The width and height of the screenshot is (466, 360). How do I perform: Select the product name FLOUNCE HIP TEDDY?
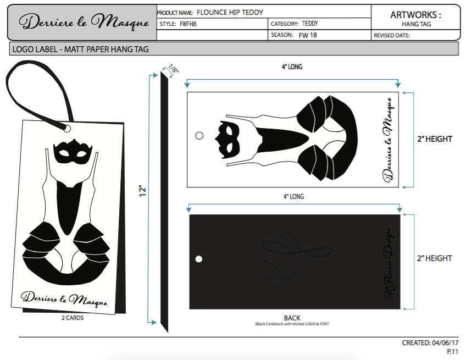[x=230, y=12]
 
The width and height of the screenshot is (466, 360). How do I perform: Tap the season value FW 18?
[x=307, y=35]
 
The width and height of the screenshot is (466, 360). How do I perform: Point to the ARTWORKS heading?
[x=415, y=15]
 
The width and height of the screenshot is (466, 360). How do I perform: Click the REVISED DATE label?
[x=392, y=35]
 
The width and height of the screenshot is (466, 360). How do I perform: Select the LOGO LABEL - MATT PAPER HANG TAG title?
[x=80, y=49]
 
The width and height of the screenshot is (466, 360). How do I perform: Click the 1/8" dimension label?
[x=173, y=70]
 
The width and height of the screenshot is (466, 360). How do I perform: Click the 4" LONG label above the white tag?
[x=292, y=67]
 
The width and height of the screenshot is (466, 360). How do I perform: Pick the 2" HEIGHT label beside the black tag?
[x=435, y=258]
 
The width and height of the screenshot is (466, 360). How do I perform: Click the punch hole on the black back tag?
[x=199, y=259]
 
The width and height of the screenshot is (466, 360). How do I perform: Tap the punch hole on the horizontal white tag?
[x=199, y=135]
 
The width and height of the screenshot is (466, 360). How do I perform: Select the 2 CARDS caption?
[x=73, y=318]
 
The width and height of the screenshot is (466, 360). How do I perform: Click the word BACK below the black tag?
[x=292, y=318]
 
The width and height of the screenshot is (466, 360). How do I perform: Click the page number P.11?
[x=452, y=351]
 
